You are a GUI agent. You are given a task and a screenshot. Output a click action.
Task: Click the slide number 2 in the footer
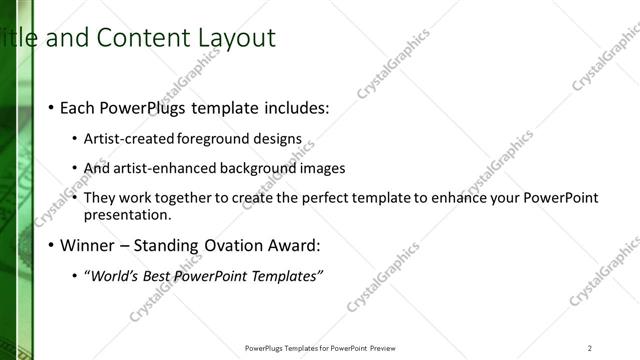tap(589, 348)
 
